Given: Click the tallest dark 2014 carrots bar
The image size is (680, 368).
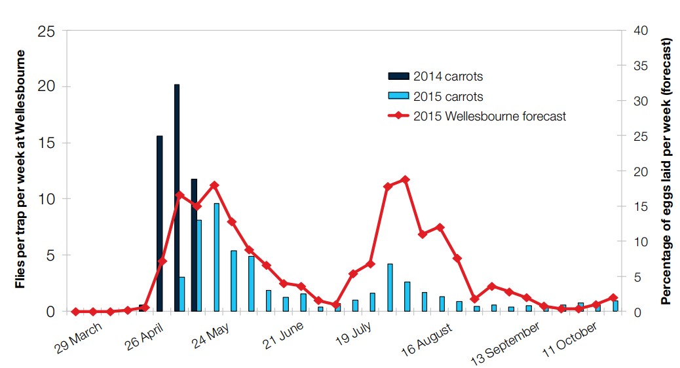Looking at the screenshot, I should click(x=177, y=196).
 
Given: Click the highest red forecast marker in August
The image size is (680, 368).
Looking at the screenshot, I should click(x=405, y=179).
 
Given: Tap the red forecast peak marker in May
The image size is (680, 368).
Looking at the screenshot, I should click(x=214, y=185).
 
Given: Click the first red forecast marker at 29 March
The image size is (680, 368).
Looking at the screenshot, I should click(x=75, y=312).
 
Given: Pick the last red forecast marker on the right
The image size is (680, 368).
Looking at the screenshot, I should click(x=613, y=297).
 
